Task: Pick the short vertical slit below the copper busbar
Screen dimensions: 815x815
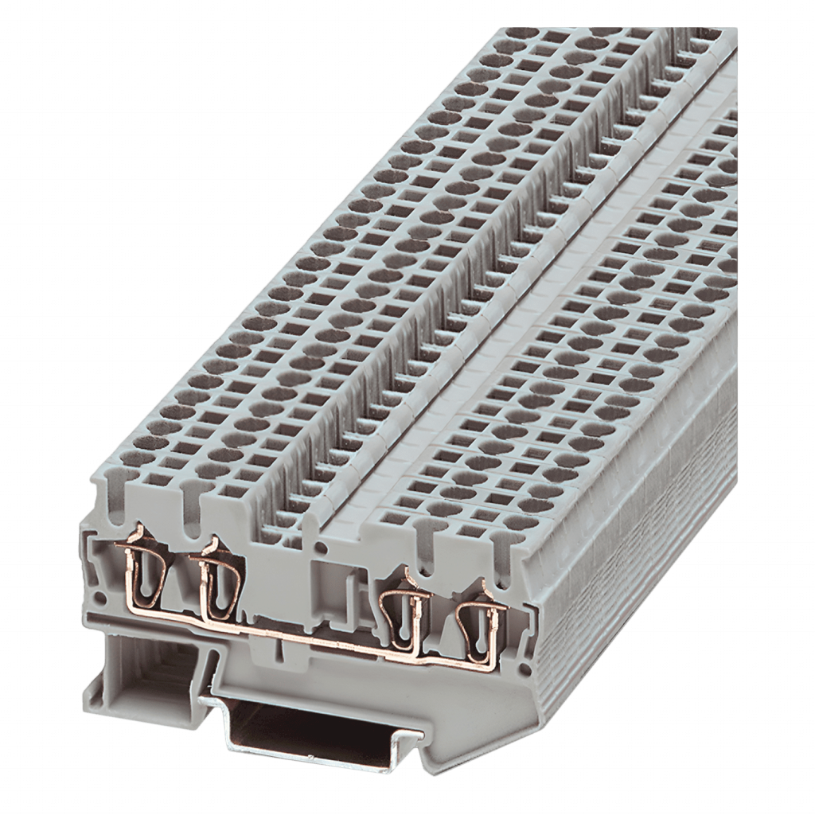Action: click(x=280, y=657)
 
